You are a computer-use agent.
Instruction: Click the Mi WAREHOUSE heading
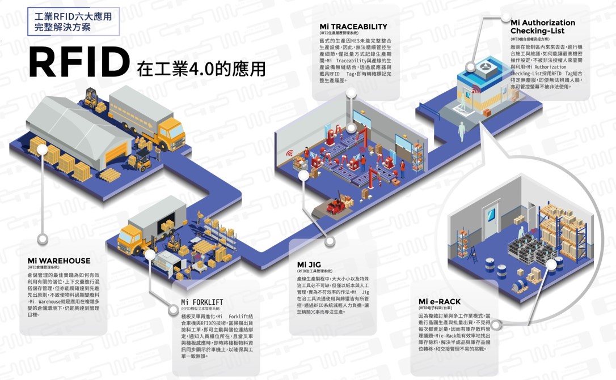59,261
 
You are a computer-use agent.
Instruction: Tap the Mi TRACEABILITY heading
353,27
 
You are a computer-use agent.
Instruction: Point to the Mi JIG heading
309,264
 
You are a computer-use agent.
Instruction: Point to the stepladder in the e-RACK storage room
472,254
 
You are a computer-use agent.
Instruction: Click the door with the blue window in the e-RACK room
488,217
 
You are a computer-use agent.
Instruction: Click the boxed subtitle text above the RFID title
73,22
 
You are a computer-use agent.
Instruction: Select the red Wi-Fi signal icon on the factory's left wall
290,153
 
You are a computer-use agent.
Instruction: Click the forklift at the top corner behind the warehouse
91,97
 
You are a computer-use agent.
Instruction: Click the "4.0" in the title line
206,69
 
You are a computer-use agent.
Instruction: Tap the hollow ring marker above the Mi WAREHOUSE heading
40,150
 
